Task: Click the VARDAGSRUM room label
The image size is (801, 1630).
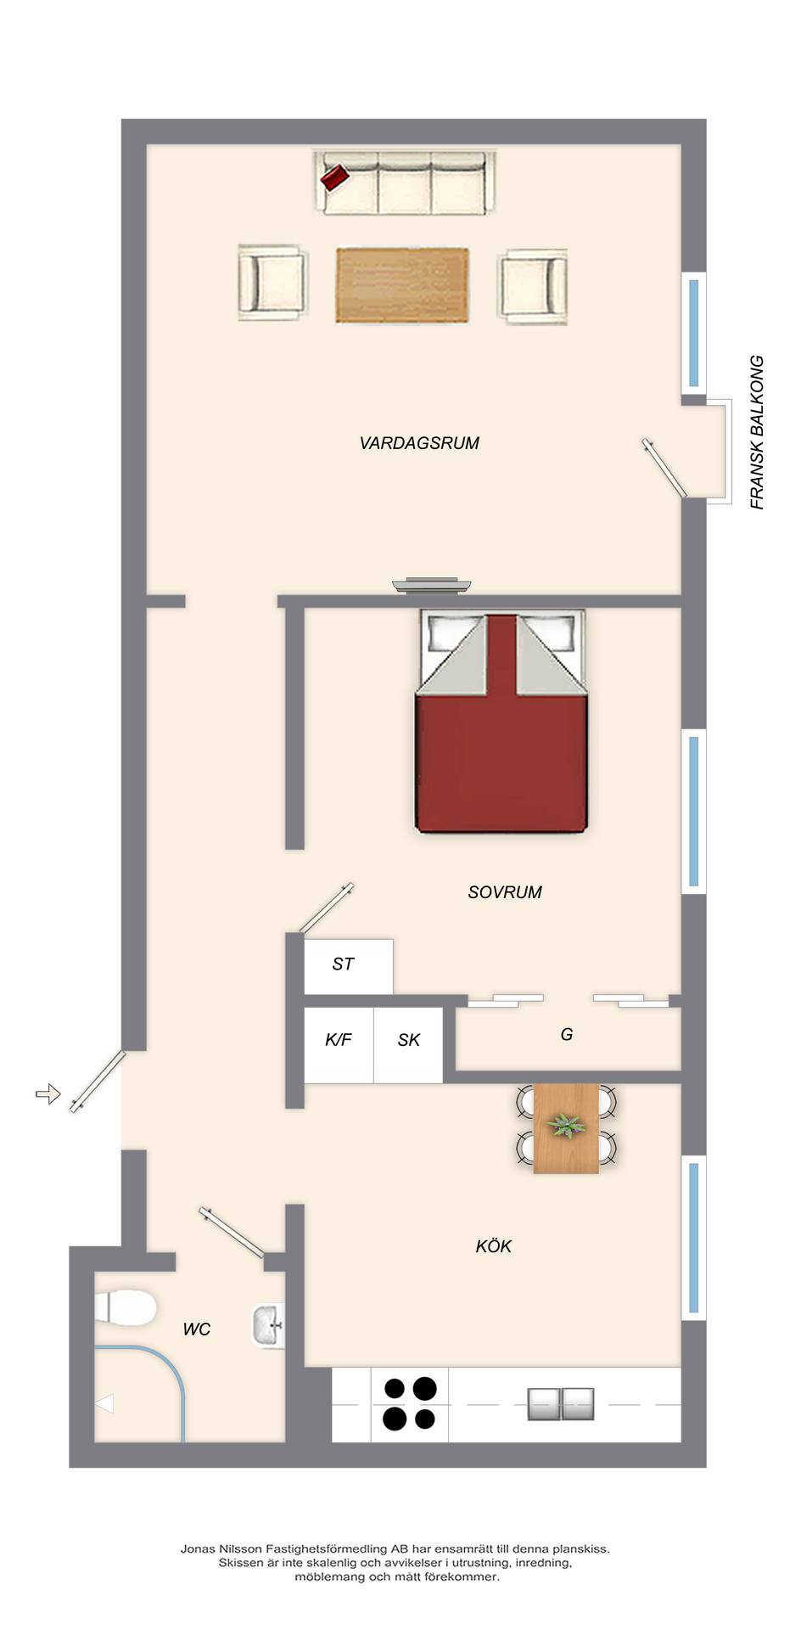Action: pos(419,443)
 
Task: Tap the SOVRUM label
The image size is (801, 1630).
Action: pos(505,892)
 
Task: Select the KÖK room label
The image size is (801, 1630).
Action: pos(494,1246)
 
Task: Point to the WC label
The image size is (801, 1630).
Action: pos(197,1329)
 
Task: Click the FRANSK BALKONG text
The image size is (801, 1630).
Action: pos(757,432)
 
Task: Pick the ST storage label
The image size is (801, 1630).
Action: pos(343,964)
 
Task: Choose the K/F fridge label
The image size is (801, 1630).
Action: pos(339,1040)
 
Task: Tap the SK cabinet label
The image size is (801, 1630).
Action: pos(409,1040)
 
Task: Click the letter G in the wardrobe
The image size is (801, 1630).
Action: pos(567,1034)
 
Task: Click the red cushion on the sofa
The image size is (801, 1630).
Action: pos(335,177)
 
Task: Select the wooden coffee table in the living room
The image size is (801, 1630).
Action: pos(402,285)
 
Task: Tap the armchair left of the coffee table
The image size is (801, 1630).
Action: pos(272,283)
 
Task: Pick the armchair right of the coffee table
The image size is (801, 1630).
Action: pos(533,287)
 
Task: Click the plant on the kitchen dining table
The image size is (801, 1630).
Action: pos(566,1126)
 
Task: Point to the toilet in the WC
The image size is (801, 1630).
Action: pos(126,1307)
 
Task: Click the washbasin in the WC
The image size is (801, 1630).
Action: pos(268,1326)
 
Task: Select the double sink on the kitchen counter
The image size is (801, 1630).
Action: pos(561,1404)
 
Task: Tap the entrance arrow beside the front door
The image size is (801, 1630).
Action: pos(48,1094)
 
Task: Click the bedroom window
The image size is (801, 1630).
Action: pos(694,811)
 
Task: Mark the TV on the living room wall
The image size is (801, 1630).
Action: pos(431,585)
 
